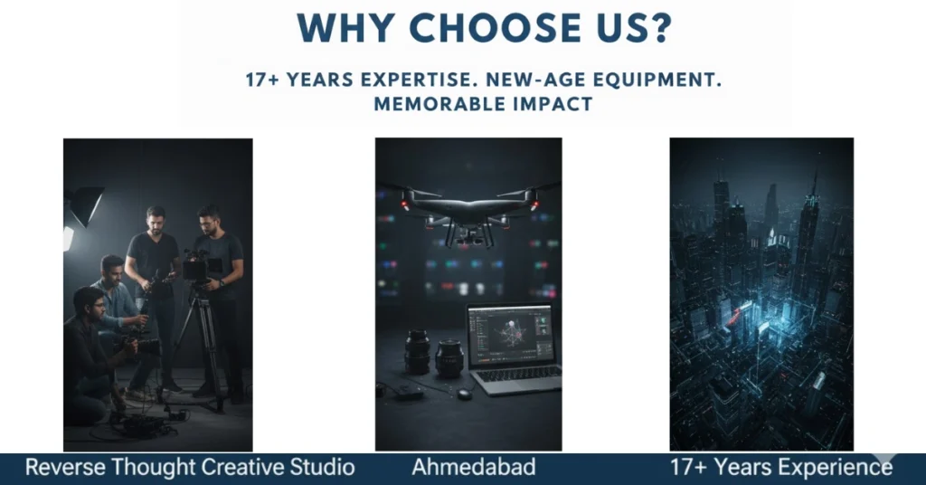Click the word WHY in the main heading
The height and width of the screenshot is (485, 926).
click(x=341, y=28)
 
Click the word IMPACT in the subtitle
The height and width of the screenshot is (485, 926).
click(x=554, y=103)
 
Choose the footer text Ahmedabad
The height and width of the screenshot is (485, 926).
click(x=474, y=468)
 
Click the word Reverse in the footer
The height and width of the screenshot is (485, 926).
click(x=61, y=468)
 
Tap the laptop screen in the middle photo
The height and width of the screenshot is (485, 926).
click(x=509, y=334)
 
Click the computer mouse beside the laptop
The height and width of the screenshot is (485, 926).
click(x=464, y=394)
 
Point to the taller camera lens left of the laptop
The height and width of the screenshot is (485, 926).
click(x=418, y=351)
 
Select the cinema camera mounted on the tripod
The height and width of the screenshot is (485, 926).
click(x=197, y=267)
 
